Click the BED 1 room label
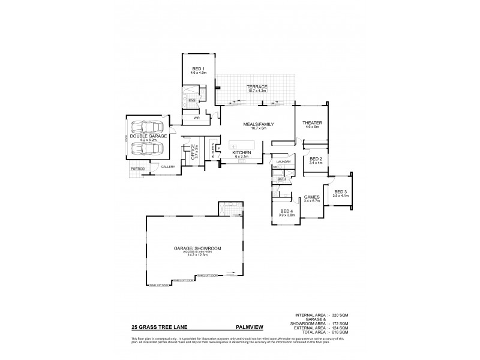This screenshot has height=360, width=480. click(199, 69)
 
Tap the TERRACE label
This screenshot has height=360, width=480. click(256, 87)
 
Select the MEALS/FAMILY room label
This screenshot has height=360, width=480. click(258, 124)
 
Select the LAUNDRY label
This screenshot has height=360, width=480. click(284, 162)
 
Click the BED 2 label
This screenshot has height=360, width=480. click(316, 159)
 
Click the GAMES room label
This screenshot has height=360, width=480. click(311, 196)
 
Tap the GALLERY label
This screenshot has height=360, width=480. click(167, 167)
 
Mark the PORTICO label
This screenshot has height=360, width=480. click(137, 170)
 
